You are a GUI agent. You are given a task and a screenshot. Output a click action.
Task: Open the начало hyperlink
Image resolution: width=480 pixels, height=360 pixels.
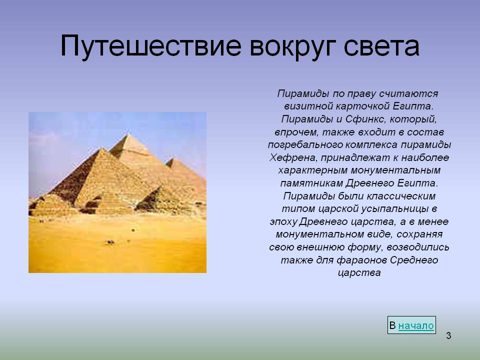pos(416,325)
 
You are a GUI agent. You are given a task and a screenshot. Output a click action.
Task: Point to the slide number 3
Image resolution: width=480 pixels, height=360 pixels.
pos(448,335)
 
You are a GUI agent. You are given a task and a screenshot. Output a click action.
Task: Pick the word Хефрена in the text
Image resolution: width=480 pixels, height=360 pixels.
pos(292,157)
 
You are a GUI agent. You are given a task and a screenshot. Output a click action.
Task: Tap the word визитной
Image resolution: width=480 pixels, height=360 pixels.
pos(308,106)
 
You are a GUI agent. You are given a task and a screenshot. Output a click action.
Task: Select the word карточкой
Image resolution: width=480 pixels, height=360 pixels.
pos(362,106)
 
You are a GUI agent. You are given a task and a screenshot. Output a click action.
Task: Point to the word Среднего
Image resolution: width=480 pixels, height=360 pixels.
pos(414,260)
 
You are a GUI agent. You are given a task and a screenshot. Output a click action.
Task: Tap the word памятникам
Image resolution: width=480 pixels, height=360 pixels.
pos(311,183)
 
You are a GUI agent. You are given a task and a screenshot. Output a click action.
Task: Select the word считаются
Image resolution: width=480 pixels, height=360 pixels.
pos(408,93)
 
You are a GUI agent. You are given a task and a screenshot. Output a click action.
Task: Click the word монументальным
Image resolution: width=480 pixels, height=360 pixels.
pos(395,170)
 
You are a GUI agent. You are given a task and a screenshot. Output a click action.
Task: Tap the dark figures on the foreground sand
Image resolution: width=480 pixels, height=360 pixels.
pos(109,242)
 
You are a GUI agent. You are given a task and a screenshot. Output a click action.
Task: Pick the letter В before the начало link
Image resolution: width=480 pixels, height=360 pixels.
pos(392,325)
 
